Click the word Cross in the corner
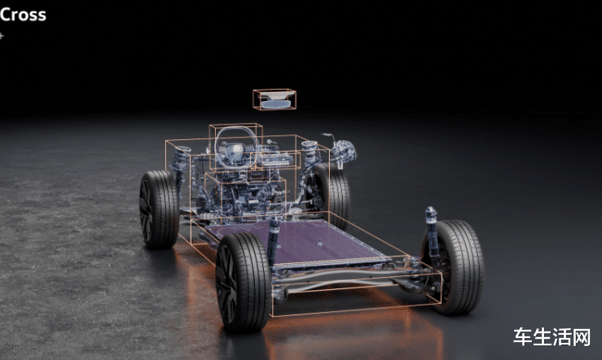[23, 15]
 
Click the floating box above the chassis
[275, 99]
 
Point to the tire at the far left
[159, 209]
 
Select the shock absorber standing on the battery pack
[274, 240]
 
